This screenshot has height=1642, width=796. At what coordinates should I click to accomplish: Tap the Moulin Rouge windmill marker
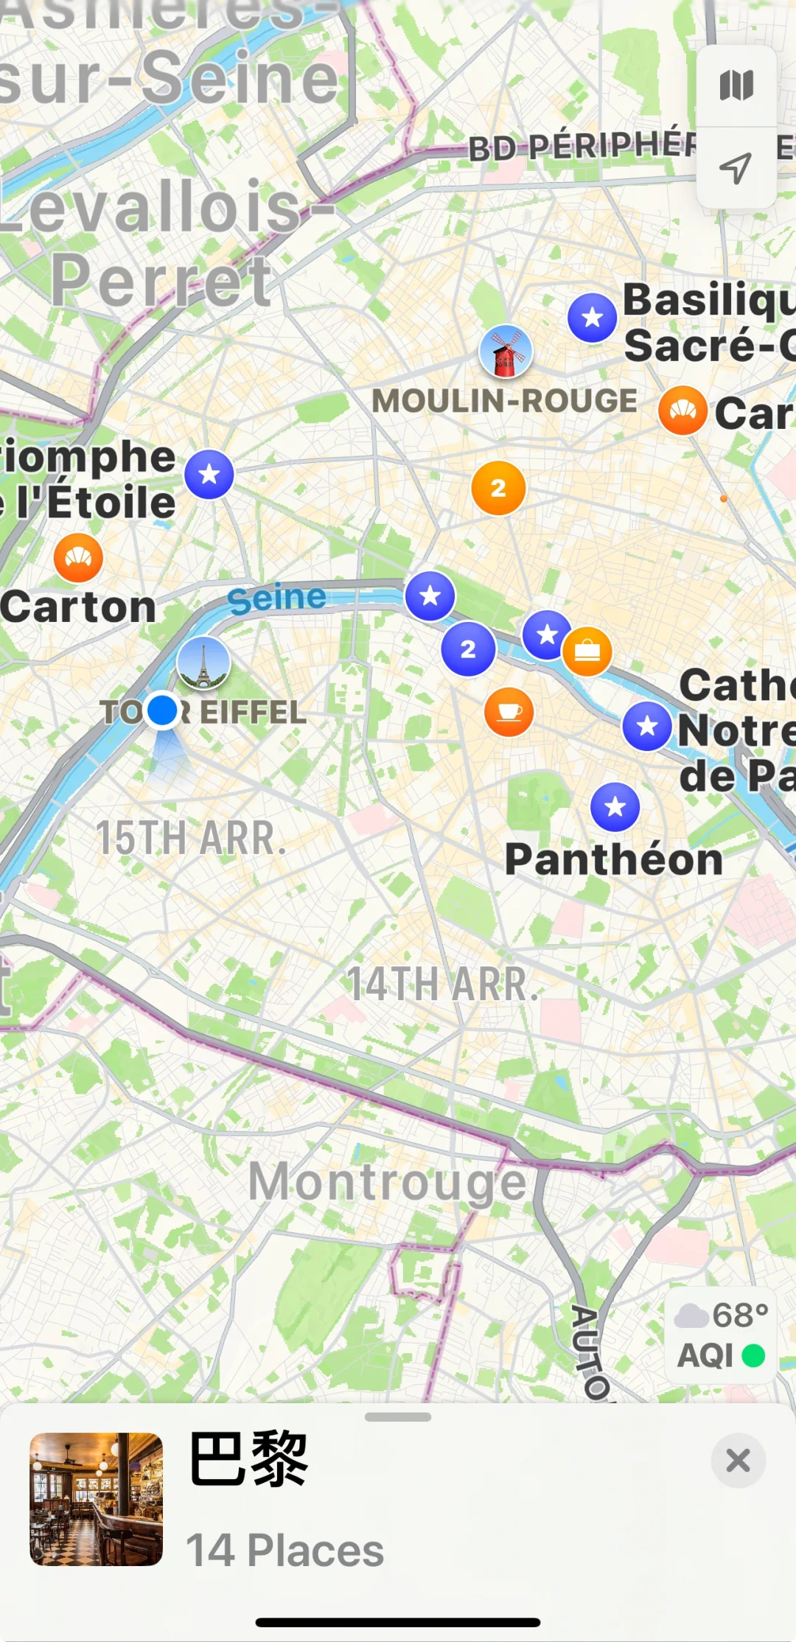pyautogui.click(x=506, y=351)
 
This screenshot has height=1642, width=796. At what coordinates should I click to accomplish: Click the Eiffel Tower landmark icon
pyautogui.click(x=203, y=663)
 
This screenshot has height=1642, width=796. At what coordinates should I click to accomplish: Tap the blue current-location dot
pyautogui.click(x=162, y=710)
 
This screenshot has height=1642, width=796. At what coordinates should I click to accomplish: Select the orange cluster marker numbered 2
pyautogui.click(x=498, y=488)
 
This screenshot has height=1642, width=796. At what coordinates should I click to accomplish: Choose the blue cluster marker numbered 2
pyautogui.click(x=468, y=649)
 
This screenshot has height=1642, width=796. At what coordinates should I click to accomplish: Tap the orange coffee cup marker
pyautogui.click(x=509, y=712)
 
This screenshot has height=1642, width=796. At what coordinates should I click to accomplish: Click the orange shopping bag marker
pyautogui.click(x=587, y=651)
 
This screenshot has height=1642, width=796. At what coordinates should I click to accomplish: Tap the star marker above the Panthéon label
pyautogui.click(x=615, y=807)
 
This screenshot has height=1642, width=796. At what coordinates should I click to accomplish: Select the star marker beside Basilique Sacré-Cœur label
pyautogui.click(x=592, y=318)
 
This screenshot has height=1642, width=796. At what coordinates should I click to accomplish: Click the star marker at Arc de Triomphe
pyautogui.click(x=209, y=474)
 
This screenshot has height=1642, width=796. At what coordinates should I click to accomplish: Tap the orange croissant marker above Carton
pyautogui.click(x=78, y=558)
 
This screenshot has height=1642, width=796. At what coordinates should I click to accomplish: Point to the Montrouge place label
pyautogui.click(x=387, y=1181)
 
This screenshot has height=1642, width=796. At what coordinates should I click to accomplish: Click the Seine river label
pyautogui.click(x=276, y=598)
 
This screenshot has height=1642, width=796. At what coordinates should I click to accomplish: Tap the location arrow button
pyautogui.click(x=736, y=168)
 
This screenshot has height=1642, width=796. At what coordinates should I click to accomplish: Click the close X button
pyautogui.click(x=738, y=1460)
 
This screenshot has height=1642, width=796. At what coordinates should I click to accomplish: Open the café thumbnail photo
pyautogui.click(x=96, y=1499)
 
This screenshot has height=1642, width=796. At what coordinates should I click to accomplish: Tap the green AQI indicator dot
pyautogui.click(x=753, y=1355)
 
